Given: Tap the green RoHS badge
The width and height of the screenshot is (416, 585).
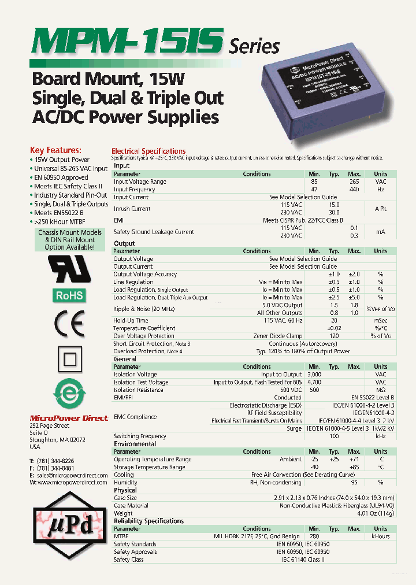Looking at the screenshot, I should [69, 295].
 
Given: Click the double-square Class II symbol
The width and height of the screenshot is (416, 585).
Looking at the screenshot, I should [69, 361].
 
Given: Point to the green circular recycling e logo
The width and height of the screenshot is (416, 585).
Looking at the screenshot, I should [69, 396].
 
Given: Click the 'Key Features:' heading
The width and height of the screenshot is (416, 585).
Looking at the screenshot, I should [55, 150].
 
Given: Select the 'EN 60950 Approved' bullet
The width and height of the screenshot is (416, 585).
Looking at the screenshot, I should [60, 177].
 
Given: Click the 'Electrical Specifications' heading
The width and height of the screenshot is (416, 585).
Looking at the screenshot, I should [148, 151].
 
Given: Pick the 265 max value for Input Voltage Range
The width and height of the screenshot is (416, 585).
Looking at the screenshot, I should [354, 182].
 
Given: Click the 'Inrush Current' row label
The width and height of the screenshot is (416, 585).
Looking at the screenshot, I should [132, 209].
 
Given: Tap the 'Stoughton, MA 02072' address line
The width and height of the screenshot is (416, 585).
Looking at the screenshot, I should [57, 440].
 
